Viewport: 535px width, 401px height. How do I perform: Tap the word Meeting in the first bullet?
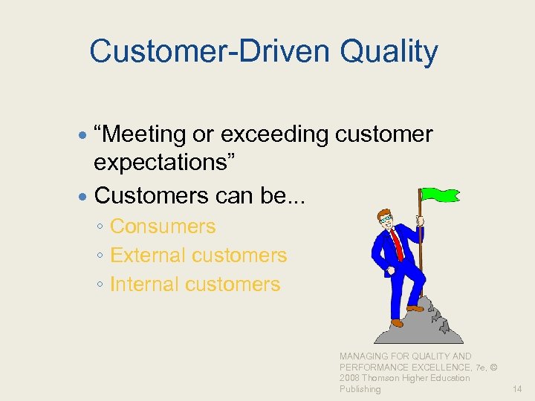pos(149,134)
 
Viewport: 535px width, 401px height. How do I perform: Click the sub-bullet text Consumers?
pos(163,226)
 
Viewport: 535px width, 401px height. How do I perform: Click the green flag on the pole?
pos(441,195)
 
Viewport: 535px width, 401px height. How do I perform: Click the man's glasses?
pos(384,219)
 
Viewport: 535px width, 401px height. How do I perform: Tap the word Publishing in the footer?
pos(360,389)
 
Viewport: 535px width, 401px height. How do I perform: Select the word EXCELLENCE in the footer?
pos(432,368)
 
